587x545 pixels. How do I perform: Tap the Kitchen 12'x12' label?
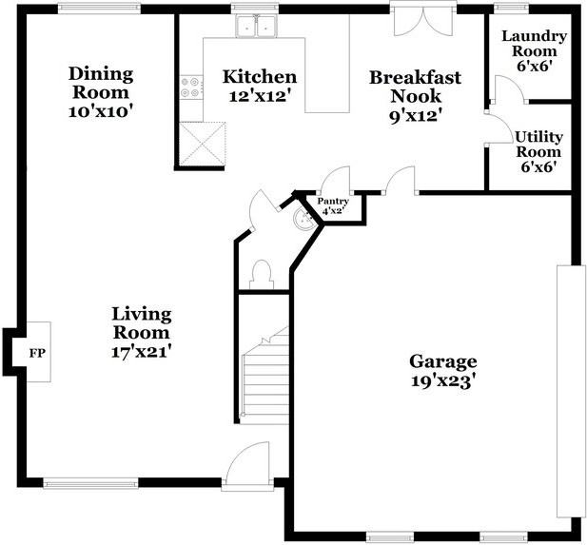259,86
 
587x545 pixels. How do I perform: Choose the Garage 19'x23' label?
442,370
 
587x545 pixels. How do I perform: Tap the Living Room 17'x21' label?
141,331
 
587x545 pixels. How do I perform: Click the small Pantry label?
333,205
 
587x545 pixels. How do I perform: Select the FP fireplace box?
36,353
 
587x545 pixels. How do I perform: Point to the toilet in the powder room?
259,275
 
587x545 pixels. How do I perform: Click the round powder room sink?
303,220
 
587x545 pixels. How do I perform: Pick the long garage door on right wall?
571,390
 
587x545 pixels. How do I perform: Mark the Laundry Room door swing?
506,90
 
